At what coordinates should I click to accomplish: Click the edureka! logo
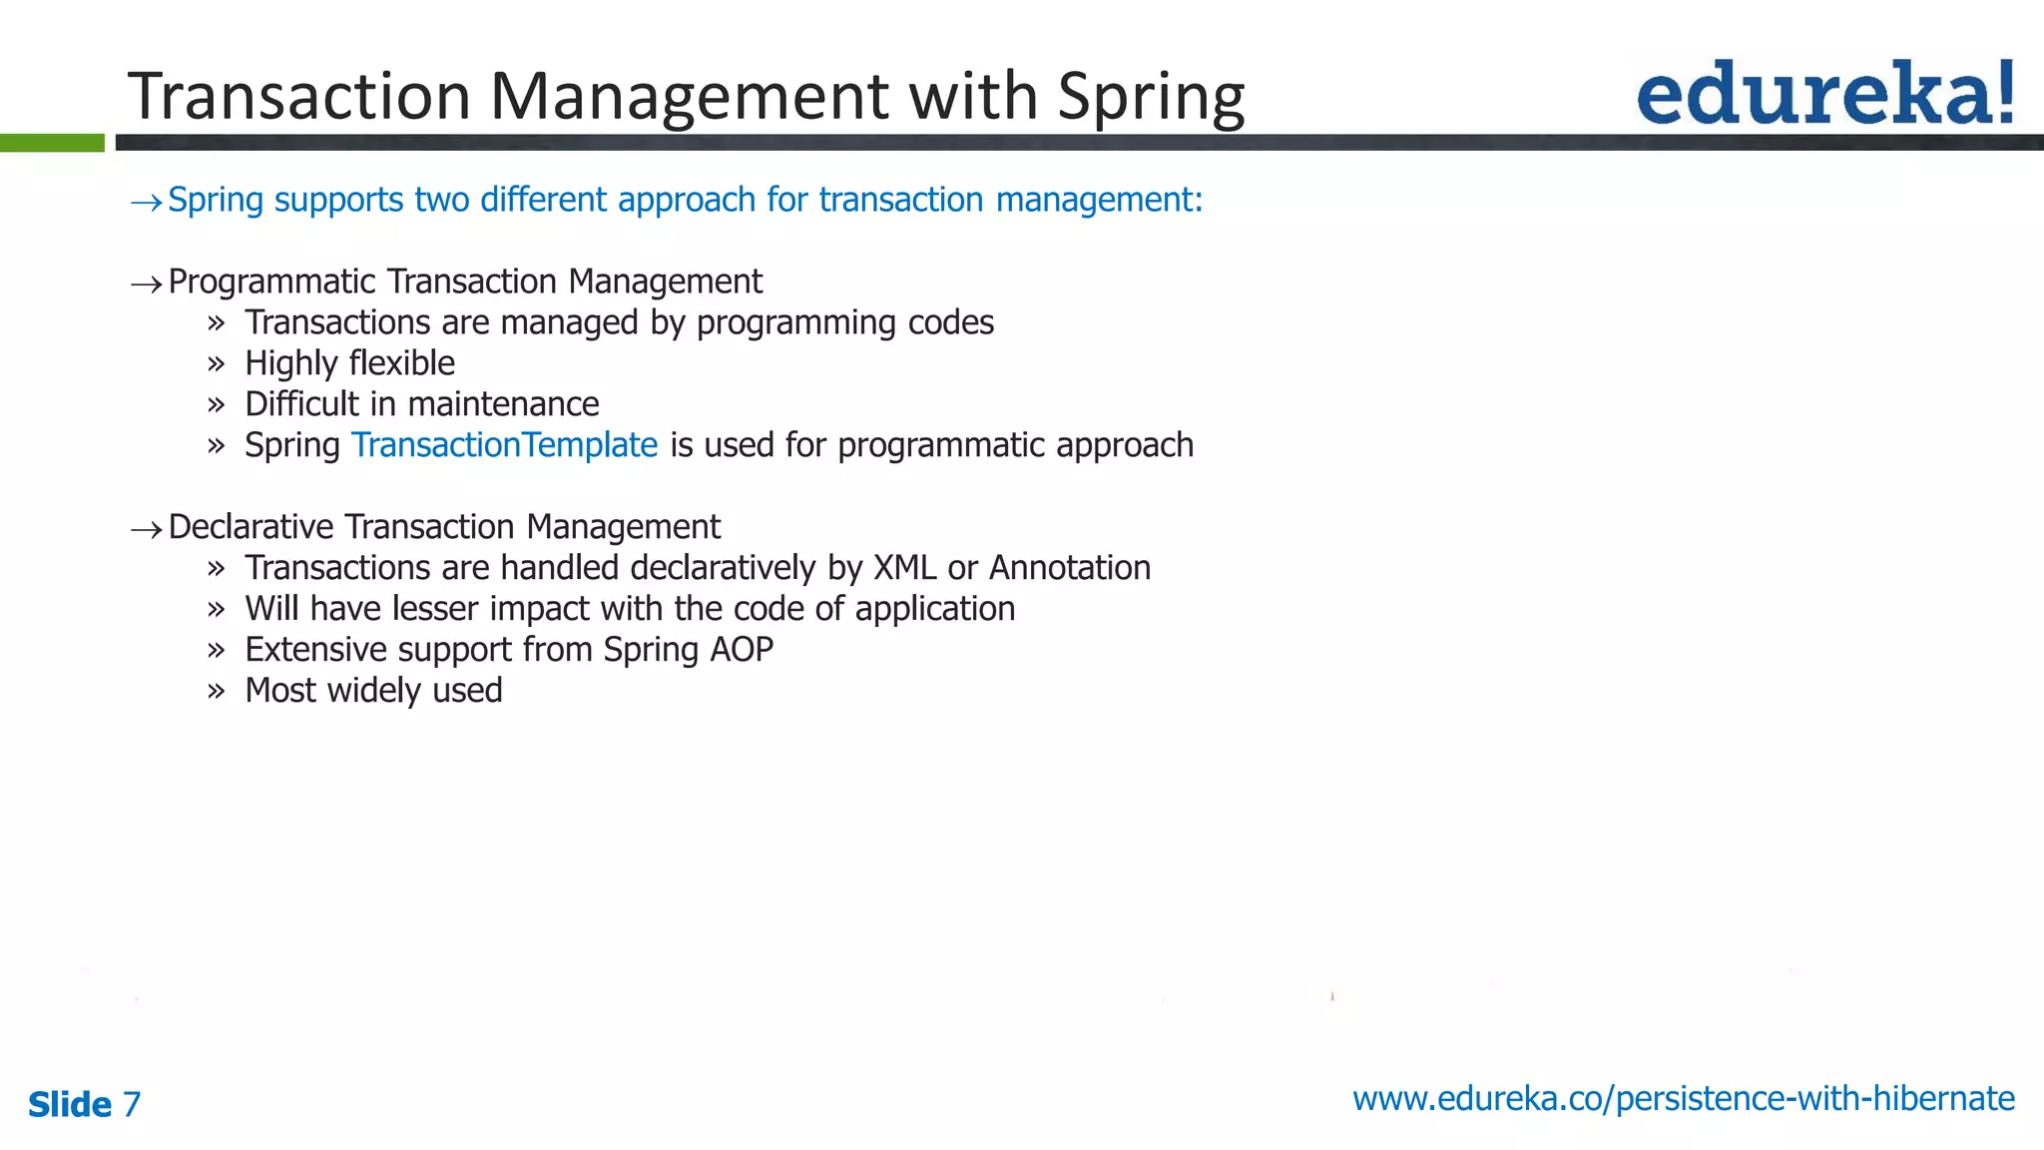1824,93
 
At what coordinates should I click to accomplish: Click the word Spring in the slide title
1151,98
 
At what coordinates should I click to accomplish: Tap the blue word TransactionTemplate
504,445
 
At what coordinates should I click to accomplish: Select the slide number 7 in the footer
131,1104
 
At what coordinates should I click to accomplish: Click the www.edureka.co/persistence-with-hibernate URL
1683,1098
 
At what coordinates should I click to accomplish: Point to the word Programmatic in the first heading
271,283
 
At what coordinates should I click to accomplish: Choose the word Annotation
1069,568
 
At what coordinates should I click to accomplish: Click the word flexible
402,363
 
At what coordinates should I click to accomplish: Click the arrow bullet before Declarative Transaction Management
146,529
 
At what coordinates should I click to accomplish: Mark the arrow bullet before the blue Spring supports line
146,203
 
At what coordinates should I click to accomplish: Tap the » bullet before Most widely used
217,692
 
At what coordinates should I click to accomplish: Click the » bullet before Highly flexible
217,364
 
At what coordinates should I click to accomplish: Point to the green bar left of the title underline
52,143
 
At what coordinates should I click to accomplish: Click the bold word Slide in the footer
70,1104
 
